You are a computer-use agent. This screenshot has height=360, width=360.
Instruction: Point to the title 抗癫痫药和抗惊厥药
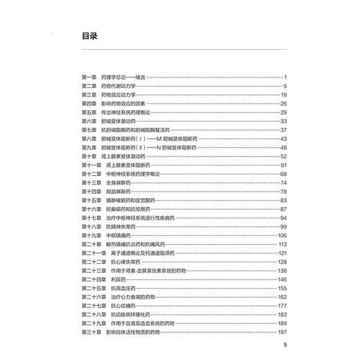click(124, 209)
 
